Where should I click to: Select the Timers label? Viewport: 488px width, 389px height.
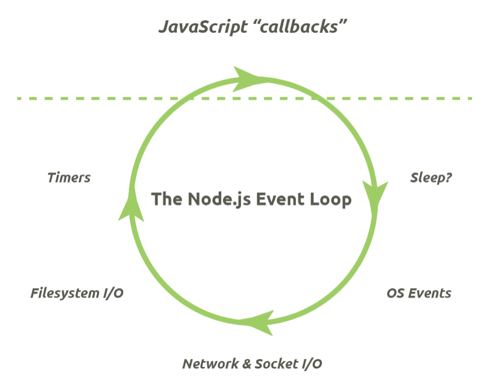coord(69,178)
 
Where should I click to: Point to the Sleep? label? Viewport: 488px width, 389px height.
coord(431,178)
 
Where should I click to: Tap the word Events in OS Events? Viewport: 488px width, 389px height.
coord(430,293)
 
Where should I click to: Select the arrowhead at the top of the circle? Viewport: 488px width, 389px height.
coord(249,78)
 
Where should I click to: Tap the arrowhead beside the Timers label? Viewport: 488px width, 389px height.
coord(130,205)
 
